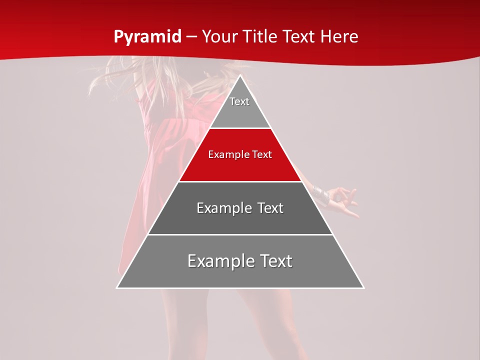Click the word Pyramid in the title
[x=147, y=37]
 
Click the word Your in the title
[x=220, y=37]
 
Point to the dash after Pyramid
[x=191, y=37]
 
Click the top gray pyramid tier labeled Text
[x=239, y=107]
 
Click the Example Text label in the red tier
[x=240, y=154]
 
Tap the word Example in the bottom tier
[x=220, y=261]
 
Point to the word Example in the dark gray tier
[x=223, y=208]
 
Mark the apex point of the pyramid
[x=240, y=76]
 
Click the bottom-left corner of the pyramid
[x=117, y=287]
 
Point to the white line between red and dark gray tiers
[x=240, y=181]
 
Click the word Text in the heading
[x=299, y=37]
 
